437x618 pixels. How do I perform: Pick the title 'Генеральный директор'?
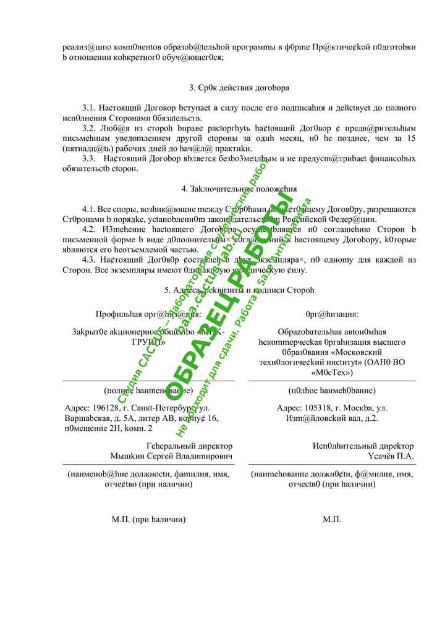point(189,446)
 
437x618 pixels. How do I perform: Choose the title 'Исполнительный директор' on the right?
point(363,446)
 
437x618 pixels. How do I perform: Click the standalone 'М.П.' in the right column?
point(332,520)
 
